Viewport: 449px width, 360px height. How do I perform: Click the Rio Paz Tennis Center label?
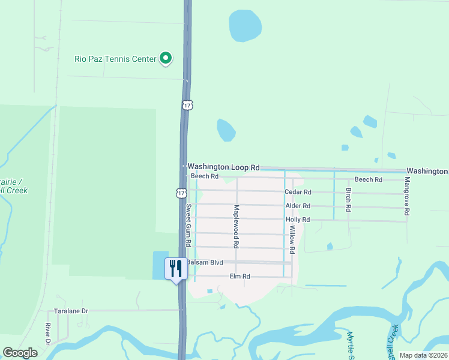pyautogui.click(x=115, y=59)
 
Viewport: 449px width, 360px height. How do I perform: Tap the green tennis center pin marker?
pyautogui.click(x=166, y=59)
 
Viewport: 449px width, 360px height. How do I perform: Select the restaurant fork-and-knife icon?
pyautogui.click(x=176, y=268)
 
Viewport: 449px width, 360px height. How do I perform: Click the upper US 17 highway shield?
pyautogui.click(x=187, y=104)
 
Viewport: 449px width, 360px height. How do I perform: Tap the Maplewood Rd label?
pyautogui.click(x=237, y=227)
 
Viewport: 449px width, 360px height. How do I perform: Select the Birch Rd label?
pyautogui.click(x=348, y=199)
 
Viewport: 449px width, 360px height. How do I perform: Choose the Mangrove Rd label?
pyautogui.click(x=407, y=196)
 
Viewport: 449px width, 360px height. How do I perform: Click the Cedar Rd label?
pyautogui.click(x=298, y=192)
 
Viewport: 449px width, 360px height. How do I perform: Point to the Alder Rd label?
pyautogui.click(x=298, y=206)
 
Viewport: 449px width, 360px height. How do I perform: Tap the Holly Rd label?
pyautogui.click(x=298, y=220)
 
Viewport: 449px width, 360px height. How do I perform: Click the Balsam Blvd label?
pyautogui.click(x=205, y=263)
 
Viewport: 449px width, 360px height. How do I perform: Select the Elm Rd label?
pyautogui.click(x=240, y=277)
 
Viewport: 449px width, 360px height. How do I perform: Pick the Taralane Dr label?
pyautogui.click(x=71, y=311)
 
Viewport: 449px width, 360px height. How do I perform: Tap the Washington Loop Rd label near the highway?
pyautogui.click(x=223, y=167)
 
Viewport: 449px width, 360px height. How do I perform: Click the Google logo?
pyautogui.click(x=20, y=353)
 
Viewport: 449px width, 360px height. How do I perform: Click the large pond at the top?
pyautogui.click(x=246, y=26)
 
